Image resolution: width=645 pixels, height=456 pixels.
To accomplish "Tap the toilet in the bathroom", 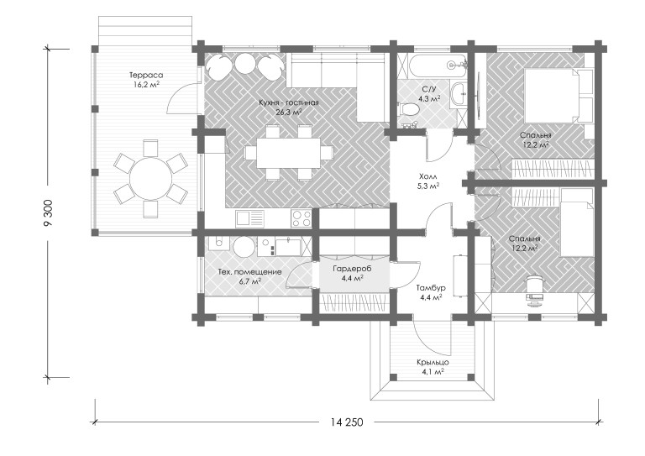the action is (408, 110).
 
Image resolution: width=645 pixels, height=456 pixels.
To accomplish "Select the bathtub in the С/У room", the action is (437, 65).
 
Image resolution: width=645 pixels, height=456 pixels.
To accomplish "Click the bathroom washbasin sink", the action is (459, 95).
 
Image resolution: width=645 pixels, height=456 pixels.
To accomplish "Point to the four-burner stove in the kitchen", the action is (302, 218).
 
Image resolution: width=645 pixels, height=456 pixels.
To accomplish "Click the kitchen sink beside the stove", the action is (249, 218).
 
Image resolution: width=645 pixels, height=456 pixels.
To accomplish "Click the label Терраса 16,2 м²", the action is (146, 80).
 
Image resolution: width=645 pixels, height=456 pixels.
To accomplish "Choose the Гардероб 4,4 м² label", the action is (352, 274).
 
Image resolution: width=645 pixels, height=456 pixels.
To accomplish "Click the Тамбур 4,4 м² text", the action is (431, 292).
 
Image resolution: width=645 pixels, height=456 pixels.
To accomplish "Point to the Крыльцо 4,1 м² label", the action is (433, 367).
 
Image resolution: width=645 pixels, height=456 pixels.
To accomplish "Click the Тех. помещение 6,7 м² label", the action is (249, 276).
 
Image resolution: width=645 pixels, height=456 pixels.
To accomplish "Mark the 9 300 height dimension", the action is (48, 213).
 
